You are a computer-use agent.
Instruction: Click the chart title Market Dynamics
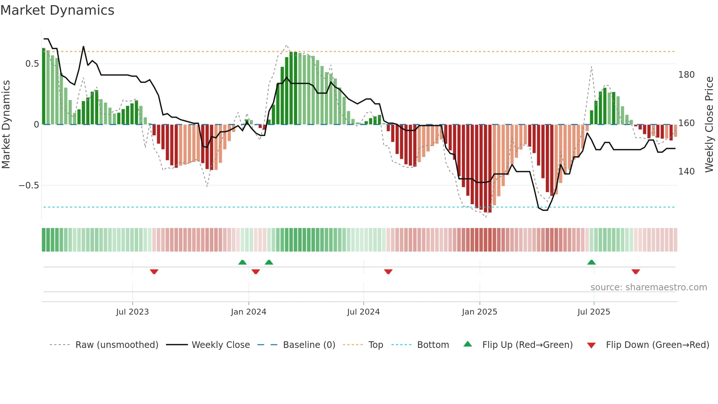tap(57, 10)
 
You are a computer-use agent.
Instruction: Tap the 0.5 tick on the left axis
tap(32, 64)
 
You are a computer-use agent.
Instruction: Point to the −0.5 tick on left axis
tap(29, 186)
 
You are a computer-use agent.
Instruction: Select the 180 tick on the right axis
tap(686, 75)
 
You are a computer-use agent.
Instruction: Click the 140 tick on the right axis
tap(686, 172)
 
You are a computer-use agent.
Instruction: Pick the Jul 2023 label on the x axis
tap(132, 312)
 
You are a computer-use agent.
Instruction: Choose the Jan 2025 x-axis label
tap(479, 312)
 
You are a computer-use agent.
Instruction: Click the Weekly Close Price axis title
tap(709, 125)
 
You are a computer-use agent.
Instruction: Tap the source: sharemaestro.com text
tap(648, 287)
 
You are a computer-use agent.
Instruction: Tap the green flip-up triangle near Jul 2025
tap(591, 262)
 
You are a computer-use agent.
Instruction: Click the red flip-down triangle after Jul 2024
tap(388, 272)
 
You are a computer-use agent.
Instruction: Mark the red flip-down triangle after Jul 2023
tap(154, 272)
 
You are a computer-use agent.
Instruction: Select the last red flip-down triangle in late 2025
tap(636, 272)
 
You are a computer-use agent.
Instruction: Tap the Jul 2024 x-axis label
tap(363, 312)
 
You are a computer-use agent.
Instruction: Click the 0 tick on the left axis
tap(36, 125)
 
